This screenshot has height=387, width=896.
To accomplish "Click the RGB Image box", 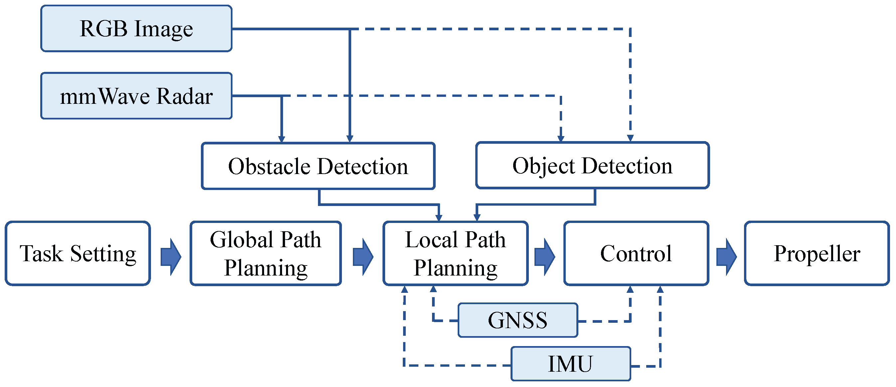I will (x=136, y=29).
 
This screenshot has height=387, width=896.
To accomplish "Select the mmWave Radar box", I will (x=136, y=96).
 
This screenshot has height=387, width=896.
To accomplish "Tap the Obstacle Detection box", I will (x=318, y=166).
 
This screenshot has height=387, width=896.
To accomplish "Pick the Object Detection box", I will (x=592, y=165).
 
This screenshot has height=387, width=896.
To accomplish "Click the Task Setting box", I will (x=77, y=253).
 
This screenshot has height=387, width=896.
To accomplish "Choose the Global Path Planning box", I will (x=265, y=253).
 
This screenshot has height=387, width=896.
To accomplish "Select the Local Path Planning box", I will (x=455, y=253).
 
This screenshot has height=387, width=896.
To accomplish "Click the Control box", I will (x=636, y=253).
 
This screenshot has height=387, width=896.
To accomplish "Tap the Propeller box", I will (x=817, y=253).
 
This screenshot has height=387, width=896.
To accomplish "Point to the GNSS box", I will (x=518, y=320).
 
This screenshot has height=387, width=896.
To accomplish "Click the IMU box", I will (x=570, y=364).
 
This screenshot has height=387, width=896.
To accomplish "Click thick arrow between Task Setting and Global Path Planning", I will (x=170, y=257).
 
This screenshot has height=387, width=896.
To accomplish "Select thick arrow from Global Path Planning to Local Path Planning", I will (x=363, y=257).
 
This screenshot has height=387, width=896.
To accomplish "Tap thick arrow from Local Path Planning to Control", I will (x=544, y=257).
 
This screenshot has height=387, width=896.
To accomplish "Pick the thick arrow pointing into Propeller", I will (x=726, y=257).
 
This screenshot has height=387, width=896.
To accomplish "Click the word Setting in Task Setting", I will (x=103, y=254).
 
